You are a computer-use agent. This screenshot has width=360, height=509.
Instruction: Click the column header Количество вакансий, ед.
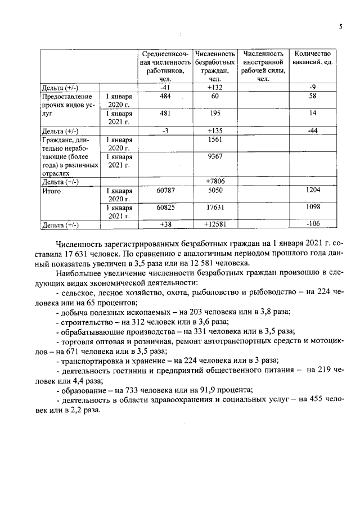click(x=312, y=57)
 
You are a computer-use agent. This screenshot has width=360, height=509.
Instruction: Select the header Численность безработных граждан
click(x=214, y=66)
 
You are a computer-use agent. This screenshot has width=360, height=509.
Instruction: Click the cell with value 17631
click(x=214, y=207)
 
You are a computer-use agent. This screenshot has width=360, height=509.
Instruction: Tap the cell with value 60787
click(x=165, y=191)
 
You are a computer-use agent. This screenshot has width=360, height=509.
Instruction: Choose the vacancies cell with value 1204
click(x=313, y=191)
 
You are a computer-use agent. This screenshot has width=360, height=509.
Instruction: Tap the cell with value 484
click(x=165, y=97)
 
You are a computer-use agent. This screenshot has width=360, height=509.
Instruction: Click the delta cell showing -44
click(x=313, y=130)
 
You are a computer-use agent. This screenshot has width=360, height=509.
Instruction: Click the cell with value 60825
click(x=165, y=207)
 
